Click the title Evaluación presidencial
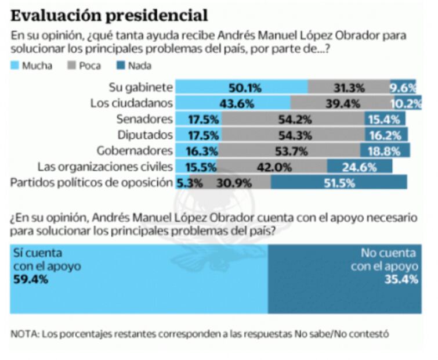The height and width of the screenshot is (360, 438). click(x=109, y=14)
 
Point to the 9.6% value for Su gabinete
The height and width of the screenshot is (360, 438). click(x=404, y=88)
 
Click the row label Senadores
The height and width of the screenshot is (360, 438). click(x=149, y=119)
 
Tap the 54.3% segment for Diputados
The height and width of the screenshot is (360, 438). click(x=293, y=135)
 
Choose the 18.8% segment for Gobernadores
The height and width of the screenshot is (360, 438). click(x=385, y=150)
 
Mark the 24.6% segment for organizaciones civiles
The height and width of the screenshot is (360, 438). click(x=360, y=166)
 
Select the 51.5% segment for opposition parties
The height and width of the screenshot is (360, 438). click(x=339, y=182)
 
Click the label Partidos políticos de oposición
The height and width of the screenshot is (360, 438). click(x=92, y=182)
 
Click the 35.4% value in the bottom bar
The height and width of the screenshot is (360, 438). click(x=403, y=279)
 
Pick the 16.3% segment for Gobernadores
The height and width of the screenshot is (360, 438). click(x=198, y=150)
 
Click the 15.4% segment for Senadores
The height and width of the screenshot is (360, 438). click(x=385, y=119)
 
